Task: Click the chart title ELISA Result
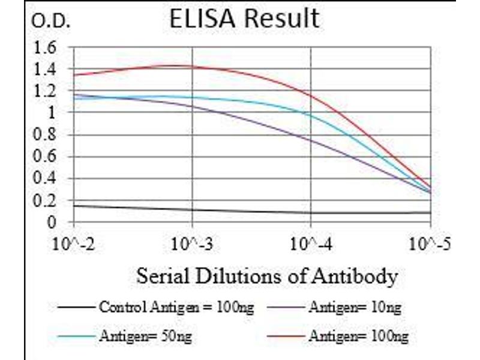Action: coord(244,19)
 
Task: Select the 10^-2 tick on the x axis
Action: coord(74,245)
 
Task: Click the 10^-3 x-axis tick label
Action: coord(193,245)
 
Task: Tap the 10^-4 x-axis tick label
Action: coord(311,245)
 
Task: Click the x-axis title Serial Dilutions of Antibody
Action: coord(267,277)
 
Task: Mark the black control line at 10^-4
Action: coord(311,212)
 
